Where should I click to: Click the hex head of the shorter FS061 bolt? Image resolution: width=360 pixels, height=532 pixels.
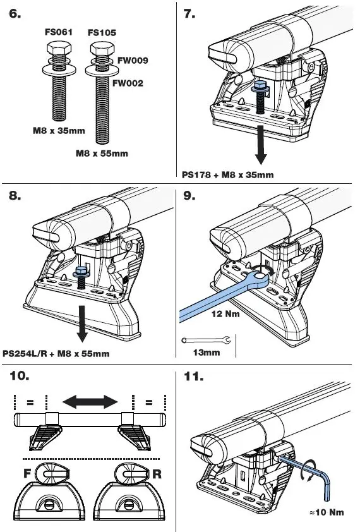[55, 49]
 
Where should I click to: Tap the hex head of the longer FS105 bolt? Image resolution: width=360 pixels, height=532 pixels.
[99, 49]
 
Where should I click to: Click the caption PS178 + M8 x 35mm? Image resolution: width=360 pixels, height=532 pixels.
[227, 175]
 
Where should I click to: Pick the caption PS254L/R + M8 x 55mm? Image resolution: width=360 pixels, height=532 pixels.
[56, 354]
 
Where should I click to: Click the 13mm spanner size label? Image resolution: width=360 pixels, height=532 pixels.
[207, 353]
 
